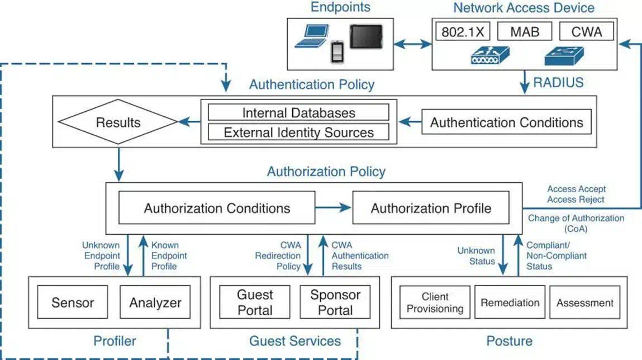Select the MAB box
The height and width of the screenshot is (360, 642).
pos(524,31)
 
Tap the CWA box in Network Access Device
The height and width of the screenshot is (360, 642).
pos(586,31)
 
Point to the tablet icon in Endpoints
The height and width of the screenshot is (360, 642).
pos(366,37)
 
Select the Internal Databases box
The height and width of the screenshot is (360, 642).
pos(298,112)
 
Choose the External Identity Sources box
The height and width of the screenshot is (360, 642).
pos(298,132)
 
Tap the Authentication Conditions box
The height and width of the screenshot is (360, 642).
pos(506,122)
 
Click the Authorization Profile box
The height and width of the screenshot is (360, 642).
pos(431,209)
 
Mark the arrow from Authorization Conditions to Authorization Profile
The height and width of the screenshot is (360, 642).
pos(333,209)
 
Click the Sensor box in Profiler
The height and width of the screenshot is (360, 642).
pos(73,303)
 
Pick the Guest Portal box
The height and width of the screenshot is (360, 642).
pos(255,302)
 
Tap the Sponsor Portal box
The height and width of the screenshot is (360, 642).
pos(335,302)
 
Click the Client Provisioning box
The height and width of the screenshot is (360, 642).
pos(435,303)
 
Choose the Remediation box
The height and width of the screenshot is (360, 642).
pos(510,303)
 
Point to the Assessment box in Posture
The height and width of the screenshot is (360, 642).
pos(584,303)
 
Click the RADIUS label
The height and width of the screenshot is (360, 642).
pos(558,83)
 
